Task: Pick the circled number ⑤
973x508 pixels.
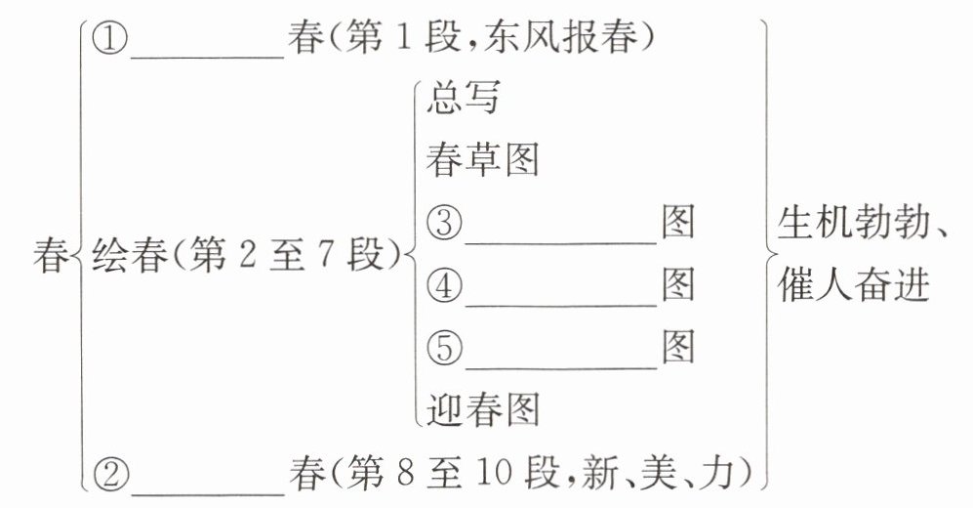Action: pos(445,348)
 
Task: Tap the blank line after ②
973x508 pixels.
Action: pos(207,488)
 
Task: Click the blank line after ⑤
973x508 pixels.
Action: pos(560,362)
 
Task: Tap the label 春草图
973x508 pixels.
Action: pos(482,161)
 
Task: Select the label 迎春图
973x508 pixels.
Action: pos(482,409)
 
